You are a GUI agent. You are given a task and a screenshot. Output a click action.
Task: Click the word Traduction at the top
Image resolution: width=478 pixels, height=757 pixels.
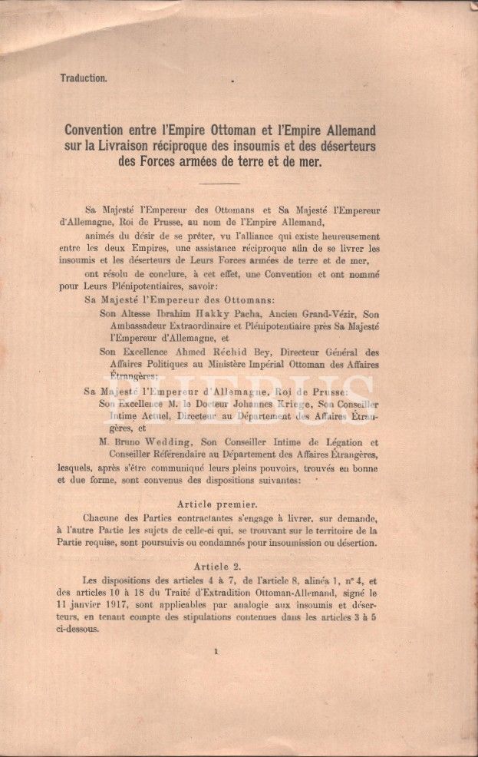84,78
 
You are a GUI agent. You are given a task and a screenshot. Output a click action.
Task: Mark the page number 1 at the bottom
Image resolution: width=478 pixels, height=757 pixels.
218,653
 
